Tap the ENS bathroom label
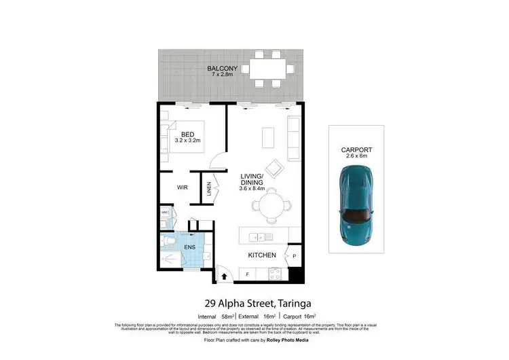(190, 247)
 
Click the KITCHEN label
(262, 255)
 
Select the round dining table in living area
(272, 204)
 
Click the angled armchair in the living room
(275, 168)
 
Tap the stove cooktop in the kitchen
(276, 274)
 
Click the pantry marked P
(294, 256)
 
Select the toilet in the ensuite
(170, 240)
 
